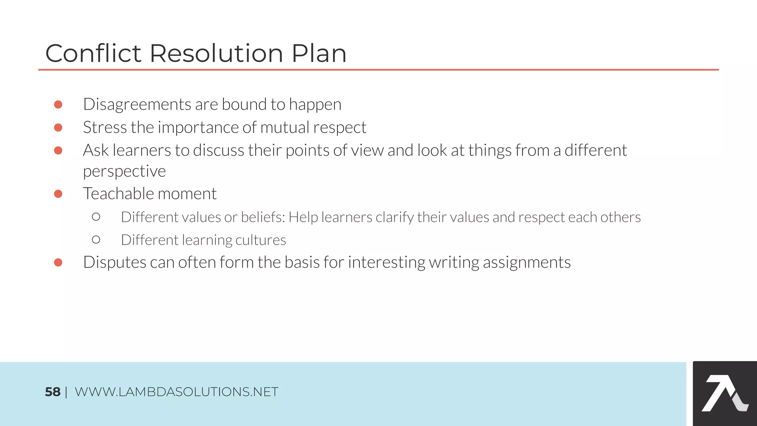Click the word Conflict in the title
click(93, 53)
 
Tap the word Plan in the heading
click(319, 53)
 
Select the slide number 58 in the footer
click(52, 392)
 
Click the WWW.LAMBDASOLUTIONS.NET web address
click(176, 392)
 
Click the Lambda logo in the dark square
click(724, 393)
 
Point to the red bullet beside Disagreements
click(58, 105)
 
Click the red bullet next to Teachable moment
click(58, 194)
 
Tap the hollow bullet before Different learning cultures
click(96, 240)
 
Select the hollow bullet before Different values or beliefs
click(96, 217)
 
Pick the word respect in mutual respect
click(340, 128)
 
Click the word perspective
click(124, 171)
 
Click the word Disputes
click(115, 263)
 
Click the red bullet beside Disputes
click(58, 263)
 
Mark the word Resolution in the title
click(216, 53)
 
